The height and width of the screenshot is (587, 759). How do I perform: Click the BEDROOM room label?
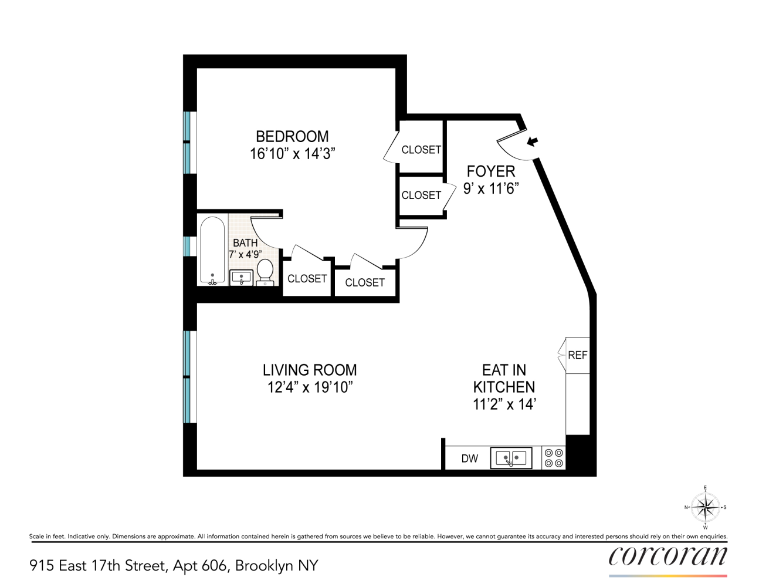tap(292, 136)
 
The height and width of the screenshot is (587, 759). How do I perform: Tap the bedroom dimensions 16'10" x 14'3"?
tap(292, 154)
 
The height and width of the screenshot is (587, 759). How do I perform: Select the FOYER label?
tap(491, 171)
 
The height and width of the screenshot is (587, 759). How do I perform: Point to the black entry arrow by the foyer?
tap(532, 141)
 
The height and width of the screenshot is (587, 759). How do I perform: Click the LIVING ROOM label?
tap(310, 370)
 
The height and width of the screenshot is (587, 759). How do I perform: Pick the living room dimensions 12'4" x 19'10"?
tap(310, 387)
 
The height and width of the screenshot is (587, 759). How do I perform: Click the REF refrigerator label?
tap(577, 355)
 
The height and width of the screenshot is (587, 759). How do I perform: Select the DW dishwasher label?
tap(469, 458)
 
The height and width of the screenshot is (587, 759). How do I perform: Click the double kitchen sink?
tap(511, 458)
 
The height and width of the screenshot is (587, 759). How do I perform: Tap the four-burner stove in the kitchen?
tap(554, 458)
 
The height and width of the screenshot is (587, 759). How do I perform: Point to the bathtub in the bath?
tap(212, 251)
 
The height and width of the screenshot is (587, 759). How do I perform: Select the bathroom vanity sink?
tap(241, 278)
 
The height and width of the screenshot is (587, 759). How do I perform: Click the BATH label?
tap(245, 242)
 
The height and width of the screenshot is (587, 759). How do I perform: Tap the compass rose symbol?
tap(705, 507)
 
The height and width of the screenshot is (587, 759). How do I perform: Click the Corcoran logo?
tap(667, 556)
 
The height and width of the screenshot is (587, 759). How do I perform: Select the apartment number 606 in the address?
tap(214, 565)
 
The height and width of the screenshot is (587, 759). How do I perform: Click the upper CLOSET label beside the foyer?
tap(421, 150)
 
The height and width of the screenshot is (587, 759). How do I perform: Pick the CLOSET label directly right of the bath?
tap(307, 279)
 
